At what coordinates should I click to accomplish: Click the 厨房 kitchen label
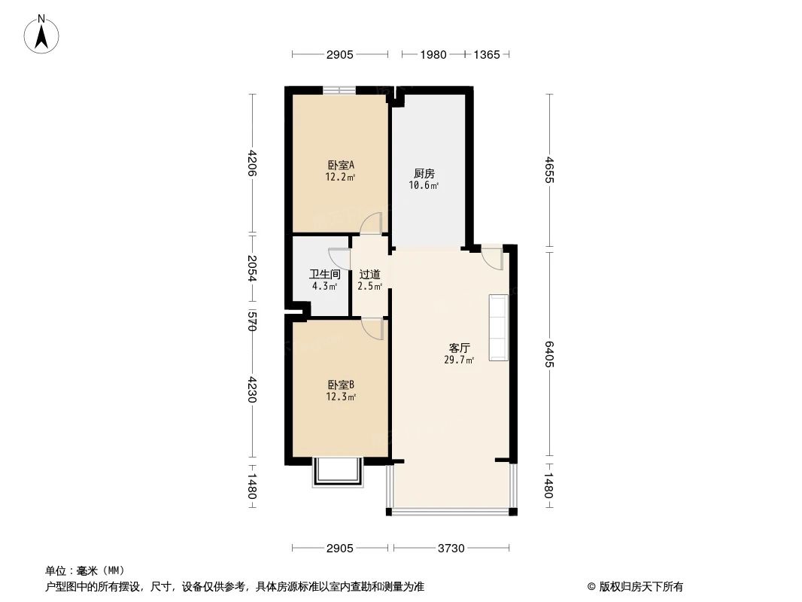coord(424,173)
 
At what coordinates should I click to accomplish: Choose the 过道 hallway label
coord(369,275)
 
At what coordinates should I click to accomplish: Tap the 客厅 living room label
coord(459,348)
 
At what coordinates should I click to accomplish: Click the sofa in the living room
coord(499,328)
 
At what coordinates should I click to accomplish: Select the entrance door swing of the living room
coord(491,257)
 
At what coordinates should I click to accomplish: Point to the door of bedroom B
coord(372,328)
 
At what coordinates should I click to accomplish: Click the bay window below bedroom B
coord(338,472)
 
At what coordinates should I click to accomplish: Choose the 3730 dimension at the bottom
coord(451,549)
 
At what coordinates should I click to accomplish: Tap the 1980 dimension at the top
coord(433,54)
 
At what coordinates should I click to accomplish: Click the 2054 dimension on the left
coord(252,267)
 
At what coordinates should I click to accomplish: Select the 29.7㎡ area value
coord(459,360)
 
